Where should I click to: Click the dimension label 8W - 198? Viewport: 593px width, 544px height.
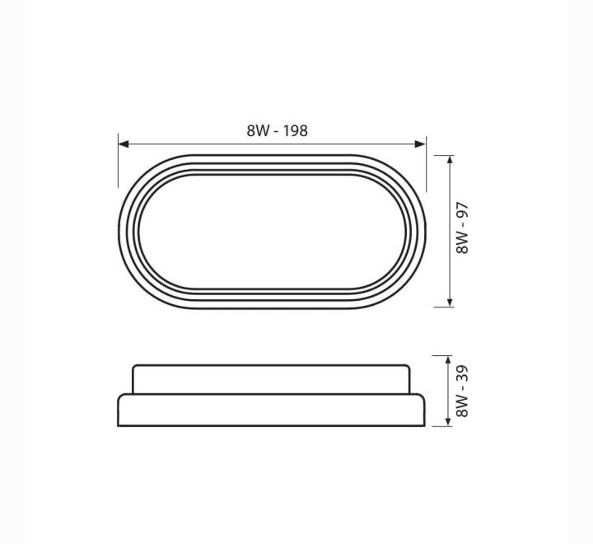[278, 130]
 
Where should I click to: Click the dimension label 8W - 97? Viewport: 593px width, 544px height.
[462, 228]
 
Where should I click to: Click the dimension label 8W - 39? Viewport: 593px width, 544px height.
[462, 391]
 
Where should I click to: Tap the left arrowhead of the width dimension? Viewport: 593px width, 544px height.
[124, 144]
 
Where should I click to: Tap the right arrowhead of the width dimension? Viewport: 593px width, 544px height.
[420, 144]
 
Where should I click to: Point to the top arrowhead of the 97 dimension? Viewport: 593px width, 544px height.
[450, 159]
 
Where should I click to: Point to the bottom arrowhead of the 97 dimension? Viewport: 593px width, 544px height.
[450, 302]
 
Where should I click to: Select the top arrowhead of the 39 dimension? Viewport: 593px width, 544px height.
[448, 360]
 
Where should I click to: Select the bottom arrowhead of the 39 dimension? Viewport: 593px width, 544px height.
[448, 421]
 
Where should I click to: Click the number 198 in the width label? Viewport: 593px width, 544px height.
[296, 130]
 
